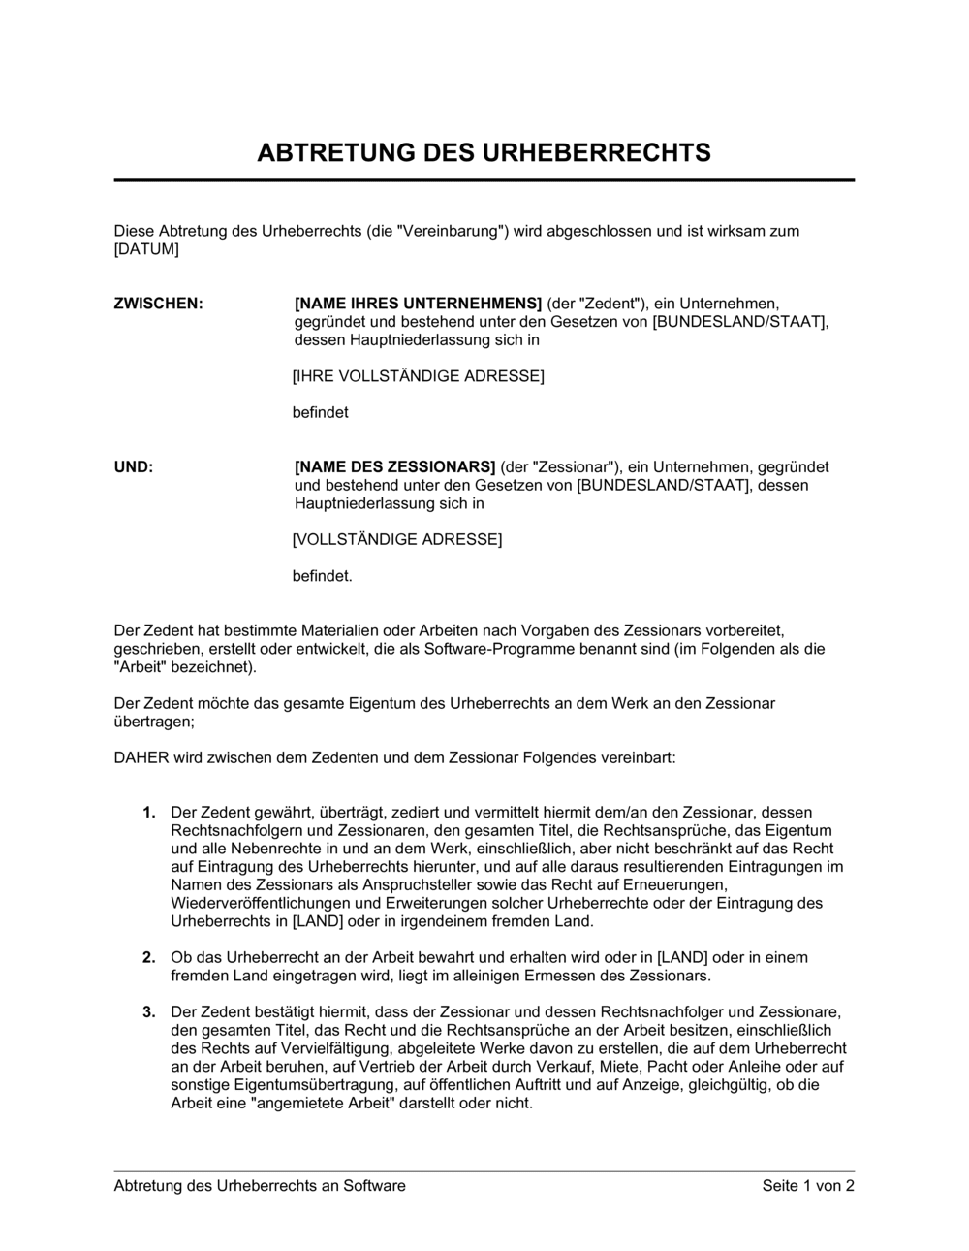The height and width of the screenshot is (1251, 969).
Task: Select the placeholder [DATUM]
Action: pos(146,249)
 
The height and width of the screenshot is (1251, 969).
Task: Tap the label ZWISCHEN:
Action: pos(159,304)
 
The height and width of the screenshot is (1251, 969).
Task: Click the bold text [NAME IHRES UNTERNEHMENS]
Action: pos(418,304)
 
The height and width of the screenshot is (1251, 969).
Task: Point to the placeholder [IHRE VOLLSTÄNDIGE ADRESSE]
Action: pos(418,376)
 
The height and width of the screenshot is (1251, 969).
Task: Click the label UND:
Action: pos(134,466)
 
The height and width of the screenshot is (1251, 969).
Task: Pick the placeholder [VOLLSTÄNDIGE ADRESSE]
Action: pos(397,539)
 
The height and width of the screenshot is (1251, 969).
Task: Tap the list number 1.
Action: pos(149,812)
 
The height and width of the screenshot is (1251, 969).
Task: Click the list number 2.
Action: pos(149,957)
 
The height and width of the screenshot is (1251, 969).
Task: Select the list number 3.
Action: pos(149,1012)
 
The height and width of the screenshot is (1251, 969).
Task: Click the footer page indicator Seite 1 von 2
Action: pos(808,1185)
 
